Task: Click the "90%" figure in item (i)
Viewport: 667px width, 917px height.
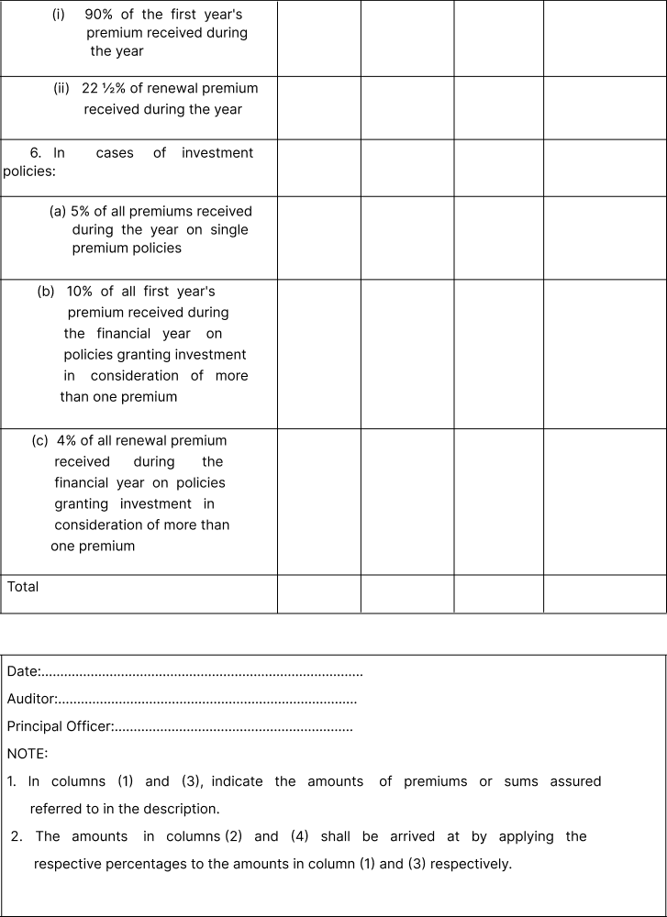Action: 100,15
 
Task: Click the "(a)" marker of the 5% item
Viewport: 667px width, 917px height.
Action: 58,211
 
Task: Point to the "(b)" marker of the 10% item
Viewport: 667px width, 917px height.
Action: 46,292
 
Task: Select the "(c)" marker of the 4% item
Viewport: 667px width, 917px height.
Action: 40,440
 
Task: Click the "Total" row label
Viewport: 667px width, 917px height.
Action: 23,587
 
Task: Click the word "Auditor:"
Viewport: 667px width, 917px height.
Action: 32,700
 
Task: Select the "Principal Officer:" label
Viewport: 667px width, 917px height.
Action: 61,727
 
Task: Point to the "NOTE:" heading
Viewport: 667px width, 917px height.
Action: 28,754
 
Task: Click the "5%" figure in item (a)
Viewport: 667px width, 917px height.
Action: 80,211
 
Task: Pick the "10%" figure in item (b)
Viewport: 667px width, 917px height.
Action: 79,292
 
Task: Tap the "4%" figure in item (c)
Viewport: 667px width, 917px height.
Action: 67,440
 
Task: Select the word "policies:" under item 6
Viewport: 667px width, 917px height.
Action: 29,171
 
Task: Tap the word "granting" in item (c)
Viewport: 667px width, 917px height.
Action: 81,503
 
